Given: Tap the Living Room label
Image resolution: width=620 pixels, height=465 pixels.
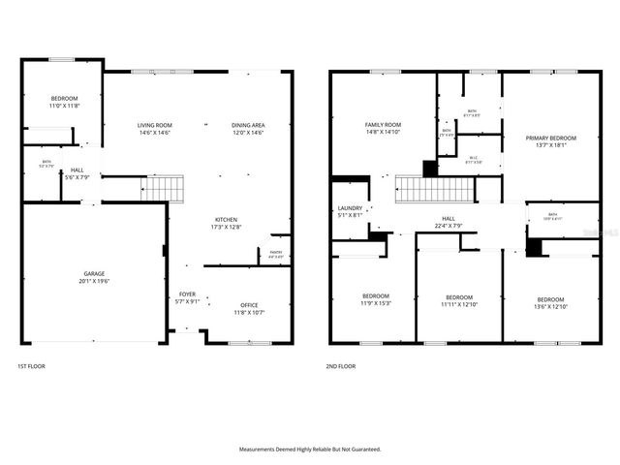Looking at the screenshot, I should coord(154,125).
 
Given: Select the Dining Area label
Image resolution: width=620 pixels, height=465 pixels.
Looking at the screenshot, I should coord(248,125).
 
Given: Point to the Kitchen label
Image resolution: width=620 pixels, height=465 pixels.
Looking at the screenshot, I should coord(226,220).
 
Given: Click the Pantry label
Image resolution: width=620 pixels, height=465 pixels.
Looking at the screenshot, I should coord(276,252).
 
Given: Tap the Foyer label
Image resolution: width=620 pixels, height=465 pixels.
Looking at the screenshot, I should coord(187,295).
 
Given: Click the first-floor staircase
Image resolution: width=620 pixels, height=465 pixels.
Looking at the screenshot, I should coord(163,187).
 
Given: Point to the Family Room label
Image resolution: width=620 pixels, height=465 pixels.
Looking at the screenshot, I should coord(383,125).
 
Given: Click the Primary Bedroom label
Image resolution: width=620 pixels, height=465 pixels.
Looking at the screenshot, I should coord(550,139).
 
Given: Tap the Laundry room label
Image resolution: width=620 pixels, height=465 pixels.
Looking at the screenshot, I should coord(350,208).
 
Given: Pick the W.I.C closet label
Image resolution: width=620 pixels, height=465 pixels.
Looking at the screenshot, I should coord(473,159).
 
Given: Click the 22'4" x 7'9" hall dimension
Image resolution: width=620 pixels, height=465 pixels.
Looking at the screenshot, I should coord(449,227).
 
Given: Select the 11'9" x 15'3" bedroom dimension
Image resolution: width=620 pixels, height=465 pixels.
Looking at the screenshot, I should coord(376,303).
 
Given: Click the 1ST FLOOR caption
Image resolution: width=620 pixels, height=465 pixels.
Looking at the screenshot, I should coord(31,366).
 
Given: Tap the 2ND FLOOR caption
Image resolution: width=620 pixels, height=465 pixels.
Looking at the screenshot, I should coord(341,366).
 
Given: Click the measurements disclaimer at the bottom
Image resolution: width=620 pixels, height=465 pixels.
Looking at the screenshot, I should coord(310,449).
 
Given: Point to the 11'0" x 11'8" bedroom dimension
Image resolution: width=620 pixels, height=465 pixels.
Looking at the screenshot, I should coord(64,106).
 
